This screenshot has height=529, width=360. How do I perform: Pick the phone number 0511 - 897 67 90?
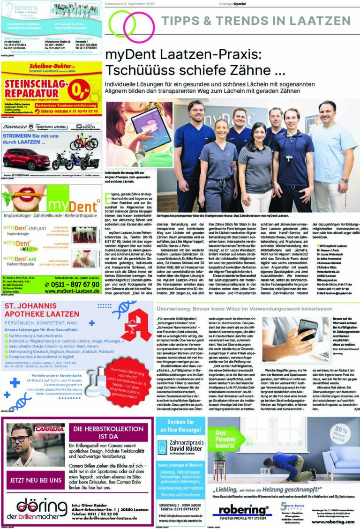(x=72, y=284)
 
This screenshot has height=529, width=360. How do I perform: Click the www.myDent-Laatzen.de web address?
(x=72, y=291)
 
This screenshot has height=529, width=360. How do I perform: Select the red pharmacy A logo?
(x=136, y=322)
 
